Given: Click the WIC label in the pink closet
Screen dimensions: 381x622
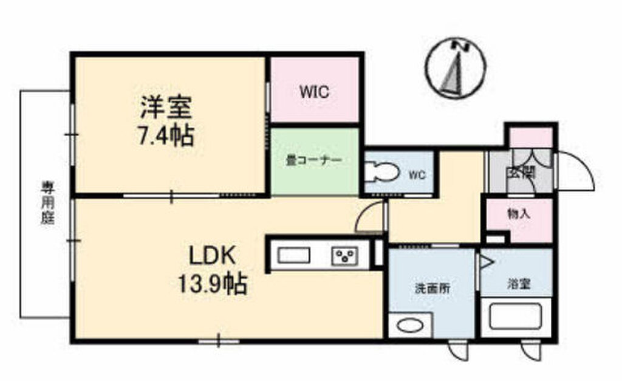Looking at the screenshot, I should tap(314, 92).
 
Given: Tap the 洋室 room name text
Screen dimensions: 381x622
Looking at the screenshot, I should tap(166, 108).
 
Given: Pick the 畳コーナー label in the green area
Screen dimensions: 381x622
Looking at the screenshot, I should tap(314, 162).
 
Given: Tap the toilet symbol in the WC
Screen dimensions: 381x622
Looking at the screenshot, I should tap(381, 173).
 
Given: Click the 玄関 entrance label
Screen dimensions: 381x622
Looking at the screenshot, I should tap(521, 172).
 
